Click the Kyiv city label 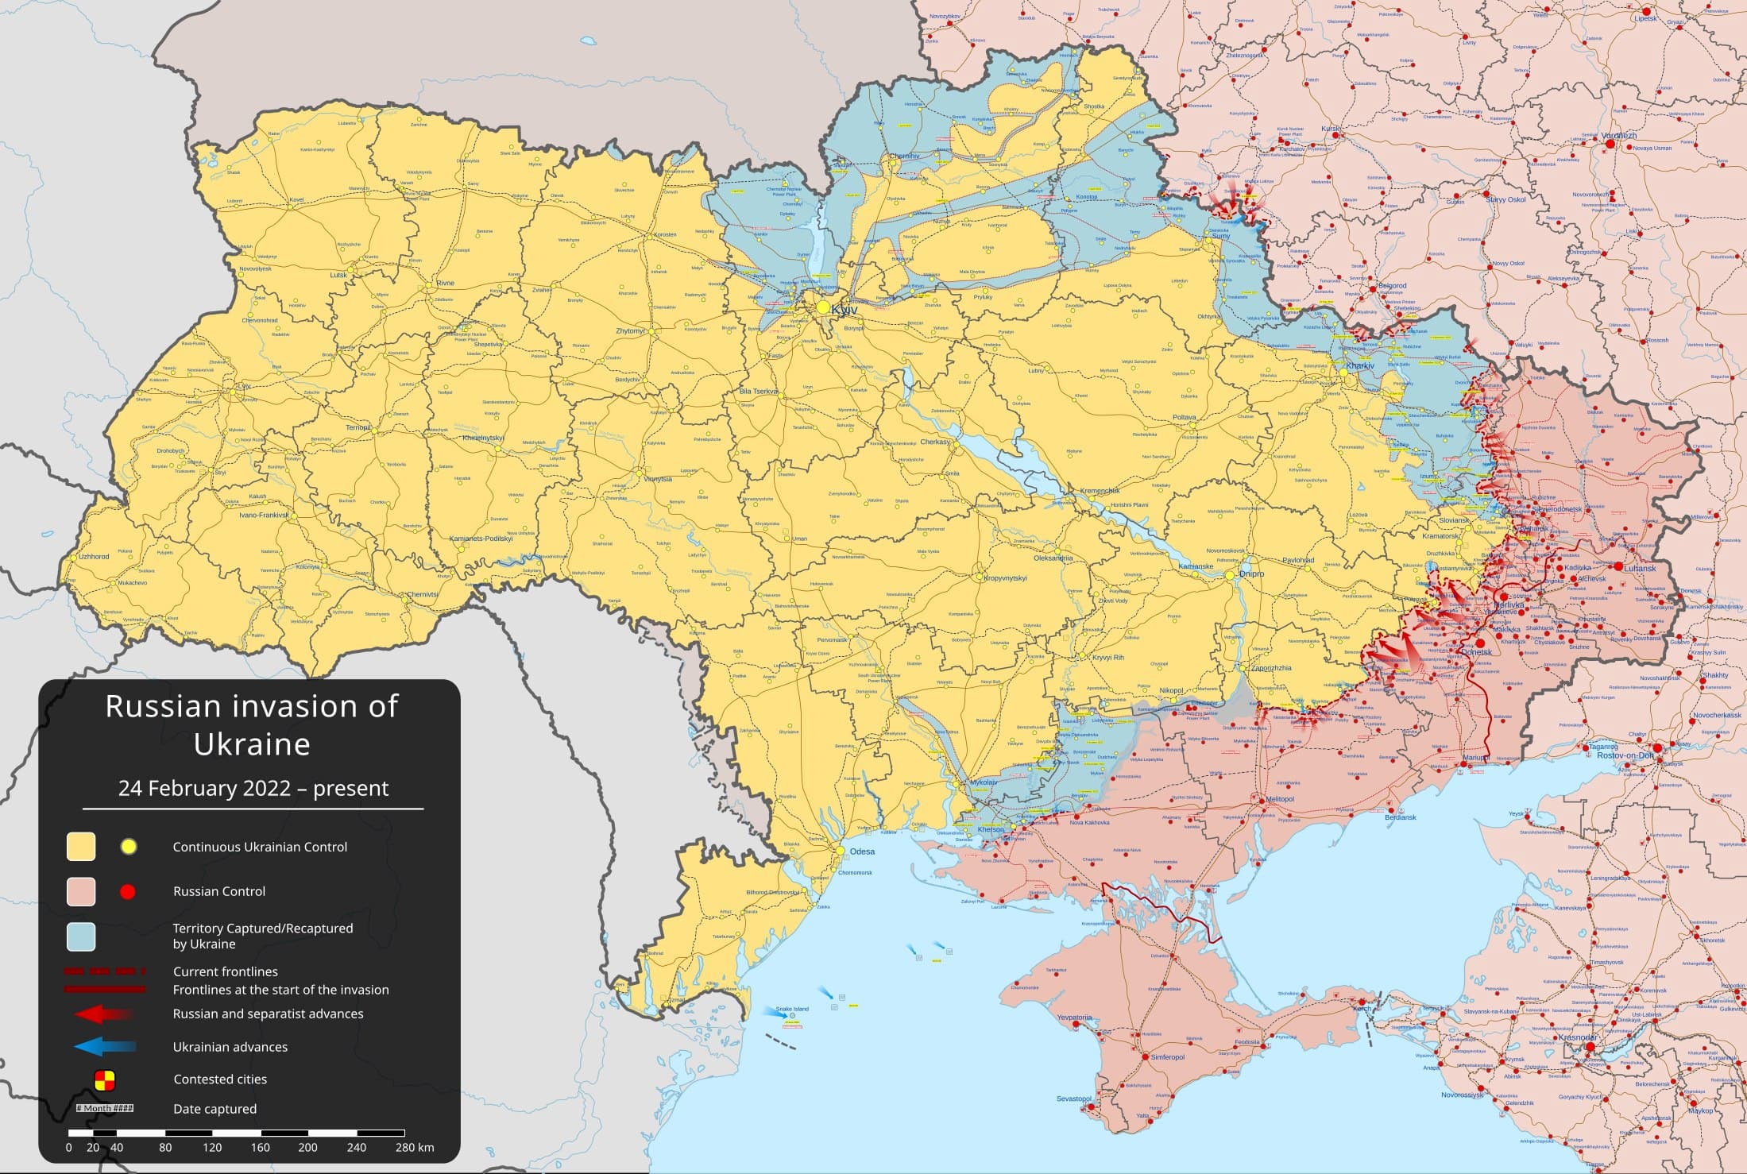845,309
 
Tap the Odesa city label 862,852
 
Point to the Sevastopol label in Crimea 1073,1099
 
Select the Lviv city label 243,387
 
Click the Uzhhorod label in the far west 94,556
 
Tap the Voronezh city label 1618,136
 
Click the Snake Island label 792,1009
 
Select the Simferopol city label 1167,1057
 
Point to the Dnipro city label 1251,573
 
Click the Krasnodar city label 1577,1037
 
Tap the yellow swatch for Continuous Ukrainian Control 81,847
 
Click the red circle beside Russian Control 127,892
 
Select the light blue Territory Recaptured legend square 81,936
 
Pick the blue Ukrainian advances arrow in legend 105,1047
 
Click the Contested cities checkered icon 105,1079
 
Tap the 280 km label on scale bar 415,1147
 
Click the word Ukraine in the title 252,744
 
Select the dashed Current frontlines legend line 105,971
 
